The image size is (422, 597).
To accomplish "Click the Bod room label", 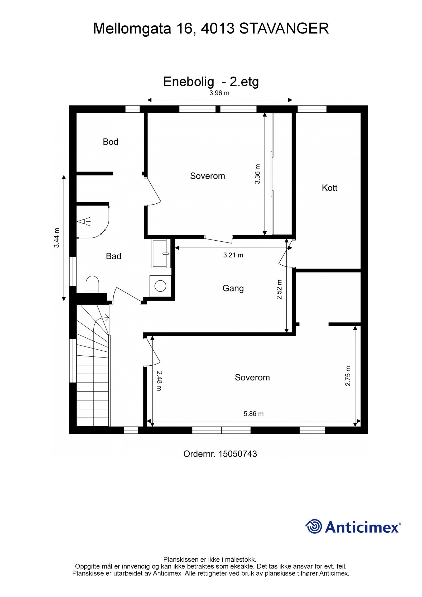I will (x=110, y=142).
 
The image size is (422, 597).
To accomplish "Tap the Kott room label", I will (x=329, y=188).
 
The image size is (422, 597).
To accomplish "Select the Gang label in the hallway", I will (x=233, y=288).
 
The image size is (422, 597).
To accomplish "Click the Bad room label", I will (x=113, y=256).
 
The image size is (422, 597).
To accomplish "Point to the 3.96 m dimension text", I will (x=219, y=93).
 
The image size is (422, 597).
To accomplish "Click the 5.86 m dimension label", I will (x=253, y=414).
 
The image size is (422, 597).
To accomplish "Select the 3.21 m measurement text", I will (x=233, y=255).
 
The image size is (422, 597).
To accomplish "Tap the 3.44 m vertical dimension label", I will (x=57, y=238).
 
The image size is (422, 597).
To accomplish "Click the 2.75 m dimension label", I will (x=348, y=376).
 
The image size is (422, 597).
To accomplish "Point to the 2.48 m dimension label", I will (x=159, y=381).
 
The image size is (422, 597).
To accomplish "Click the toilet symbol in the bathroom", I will (x=92, y=284).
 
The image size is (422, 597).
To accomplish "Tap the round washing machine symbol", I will (x=160, y=286).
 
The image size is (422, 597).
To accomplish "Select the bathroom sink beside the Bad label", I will (x=162, y=254).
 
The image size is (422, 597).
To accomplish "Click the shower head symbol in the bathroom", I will (x=84, y=221).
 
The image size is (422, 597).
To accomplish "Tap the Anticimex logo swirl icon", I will (x=314, y=526).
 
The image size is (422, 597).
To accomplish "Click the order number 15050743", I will (x=238, y=454).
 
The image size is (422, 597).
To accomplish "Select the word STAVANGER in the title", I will (x=284, y=28).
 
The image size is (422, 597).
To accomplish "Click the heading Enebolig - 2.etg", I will (x=211, y=82).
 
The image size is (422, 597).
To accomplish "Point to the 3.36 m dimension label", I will (x=257, y=174).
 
